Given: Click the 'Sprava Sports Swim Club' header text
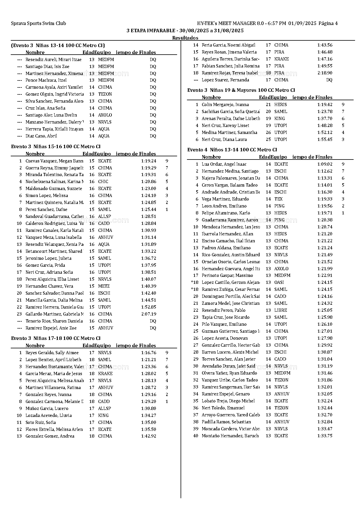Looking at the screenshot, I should [x=38, y=24].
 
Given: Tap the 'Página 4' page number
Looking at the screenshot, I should [x=328, y=24].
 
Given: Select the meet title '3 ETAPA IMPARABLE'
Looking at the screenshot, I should [x=151, y=31].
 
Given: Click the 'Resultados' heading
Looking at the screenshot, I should [x=185, y=38].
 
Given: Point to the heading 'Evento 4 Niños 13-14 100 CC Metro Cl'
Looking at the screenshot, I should [x=232, y=150].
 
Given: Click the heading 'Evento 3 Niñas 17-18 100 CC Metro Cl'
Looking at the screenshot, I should [x=56, y=338].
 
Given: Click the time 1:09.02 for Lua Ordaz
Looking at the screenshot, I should [x=325, y=164].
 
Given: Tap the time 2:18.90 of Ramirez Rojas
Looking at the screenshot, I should [x=325, y=73].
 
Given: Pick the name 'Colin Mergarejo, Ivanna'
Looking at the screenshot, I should [x=225, y=105].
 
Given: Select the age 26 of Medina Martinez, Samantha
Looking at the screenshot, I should [x=268, y=132].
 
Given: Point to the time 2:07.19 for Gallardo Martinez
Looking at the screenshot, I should [x=149, y=314].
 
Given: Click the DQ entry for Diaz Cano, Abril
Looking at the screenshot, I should [x=153, y=136].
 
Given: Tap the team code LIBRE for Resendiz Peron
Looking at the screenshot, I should [x=280, y=310].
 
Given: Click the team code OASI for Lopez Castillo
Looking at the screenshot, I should [x=279, y=282].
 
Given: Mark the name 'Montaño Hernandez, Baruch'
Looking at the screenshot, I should [x=230, y=436].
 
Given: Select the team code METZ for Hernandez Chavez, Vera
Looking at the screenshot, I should [x=104, y=286].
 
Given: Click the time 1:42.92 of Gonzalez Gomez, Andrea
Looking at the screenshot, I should [x=149, y=436].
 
